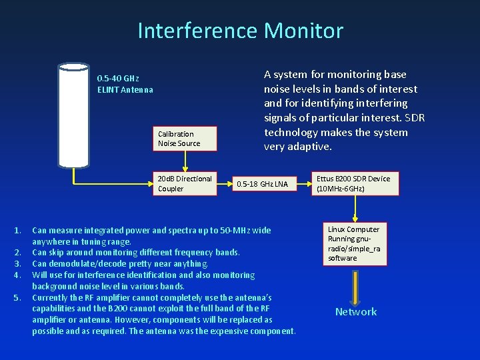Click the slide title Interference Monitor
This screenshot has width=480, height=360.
240,31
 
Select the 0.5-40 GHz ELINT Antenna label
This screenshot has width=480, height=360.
125,84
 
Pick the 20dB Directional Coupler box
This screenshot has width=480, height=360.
186,183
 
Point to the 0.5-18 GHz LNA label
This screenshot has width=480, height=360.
263,184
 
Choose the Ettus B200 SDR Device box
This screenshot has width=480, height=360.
353,183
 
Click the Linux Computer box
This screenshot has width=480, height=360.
353,243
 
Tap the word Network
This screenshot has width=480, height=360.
355,312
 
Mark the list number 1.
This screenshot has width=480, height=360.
17,231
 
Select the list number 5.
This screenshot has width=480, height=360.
17,297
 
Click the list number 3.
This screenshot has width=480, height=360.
17,264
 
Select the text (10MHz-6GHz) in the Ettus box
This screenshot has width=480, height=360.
340,189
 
